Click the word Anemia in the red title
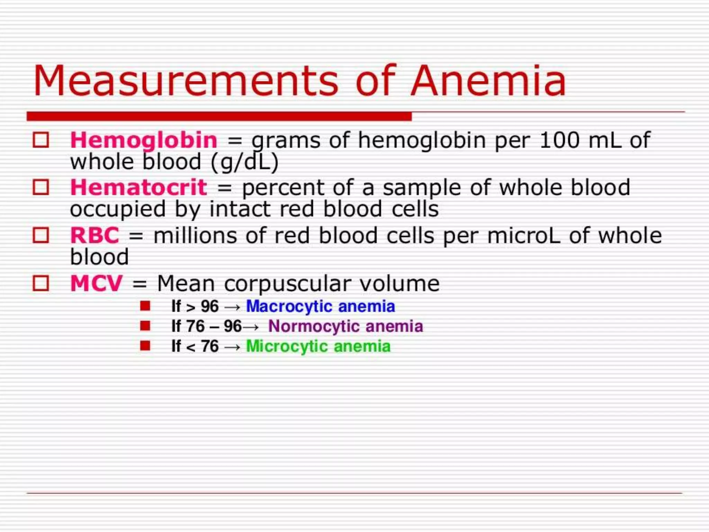(488, 81)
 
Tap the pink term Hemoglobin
(144, 140)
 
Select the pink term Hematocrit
(138, 187)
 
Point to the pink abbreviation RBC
(95, 236)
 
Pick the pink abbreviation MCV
(96, 283)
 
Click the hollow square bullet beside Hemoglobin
(41, 140)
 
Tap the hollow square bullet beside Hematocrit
(41, 187)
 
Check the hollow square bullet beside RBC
(41, 235)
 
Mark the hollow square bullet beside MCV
(41, 283)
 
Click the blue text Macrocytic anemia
(320, 307)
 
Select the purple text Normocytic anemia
(345, 326)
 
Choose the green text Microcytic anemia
(318, 346)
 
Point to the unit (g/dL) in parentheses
(244, 162)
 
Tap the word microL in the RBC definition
(523, 236)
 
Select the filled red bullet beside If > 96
(145, 306)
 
